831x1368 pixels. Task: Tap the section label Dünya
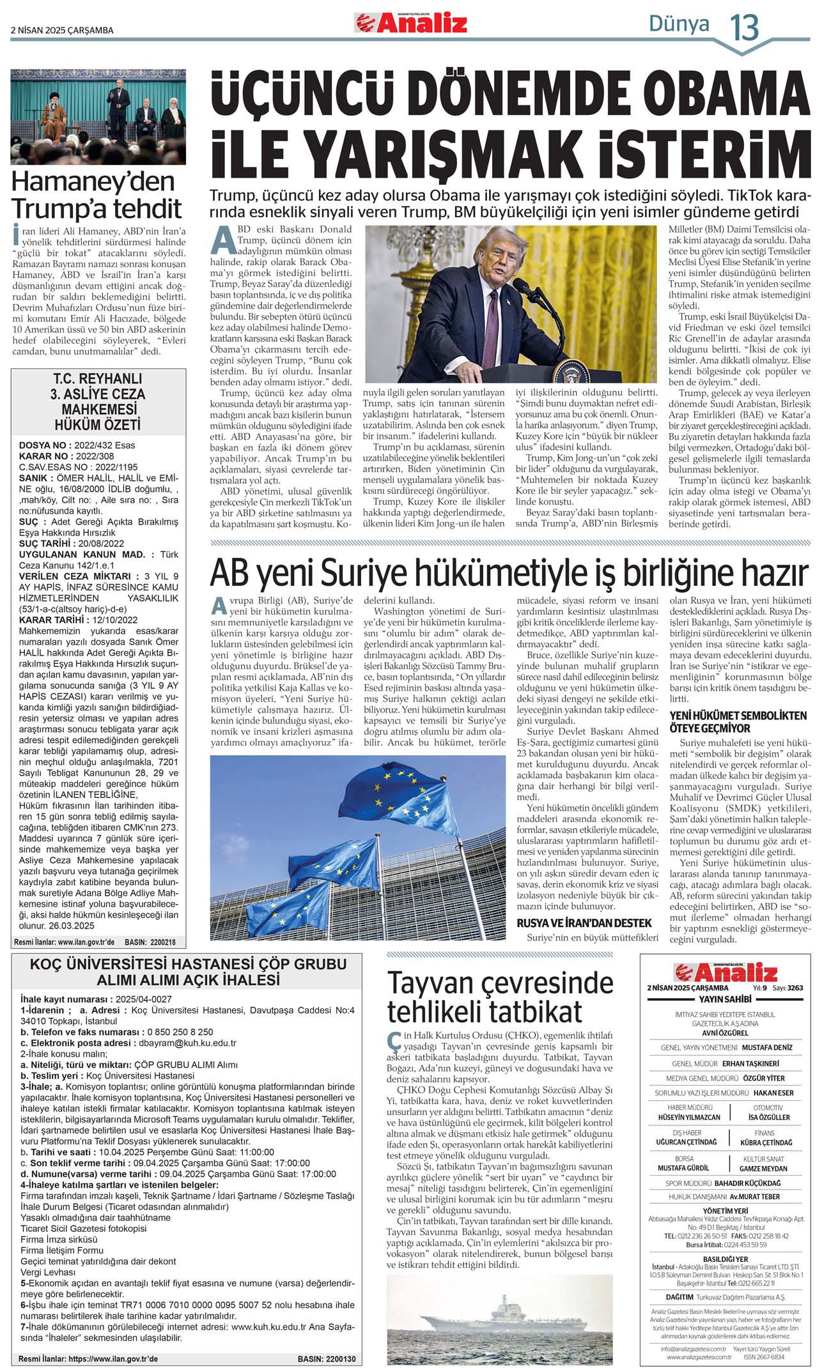click(x=679, y=24)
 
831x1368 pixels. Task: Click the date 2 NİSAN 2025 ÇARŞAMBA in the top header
click(x=62, y=30)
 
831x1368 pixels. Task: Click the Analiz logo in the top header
click(x=411, y=23)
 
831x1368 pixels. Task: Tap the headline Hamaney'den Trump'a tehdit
click(x=97, y=196)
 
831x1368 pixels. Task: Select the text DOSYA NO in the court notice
click(x=42, y=445)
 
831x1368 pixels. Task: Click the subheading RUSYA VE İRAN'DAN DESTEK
click(x=584, y=923)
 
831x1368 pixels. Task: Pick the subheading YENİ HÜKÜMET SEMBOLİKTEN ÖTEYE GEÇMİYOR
click(x=738, y=721)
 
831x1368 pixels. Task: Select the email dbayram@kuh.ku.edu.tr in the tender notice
click(x=187, y=1043)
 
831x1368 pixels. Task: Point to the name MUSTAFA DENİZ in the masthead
click(x=767, y=1047)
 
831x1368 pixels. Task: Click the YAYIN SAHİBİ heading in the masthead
click(x=724, y=999)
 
